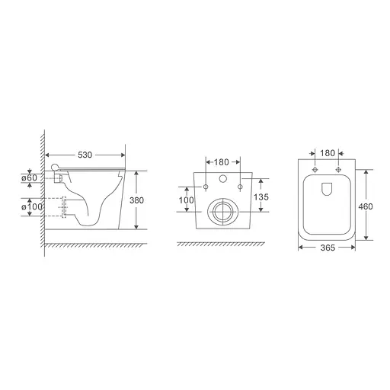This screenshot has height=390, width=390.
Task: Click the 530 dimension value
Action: point(85,155)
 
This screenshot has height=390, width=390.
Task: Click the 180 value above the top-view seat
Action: point(328,154)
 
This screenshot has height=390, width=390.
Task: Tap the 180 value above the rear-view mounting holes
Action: point(222,163)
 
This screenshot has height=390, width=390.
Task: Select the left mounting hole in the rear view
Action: point(206,185)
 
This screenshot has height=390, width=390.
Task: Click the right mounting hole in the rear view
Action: point(240,185)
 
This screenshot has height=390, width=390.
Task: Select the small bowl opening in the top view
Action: point(328,188)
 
